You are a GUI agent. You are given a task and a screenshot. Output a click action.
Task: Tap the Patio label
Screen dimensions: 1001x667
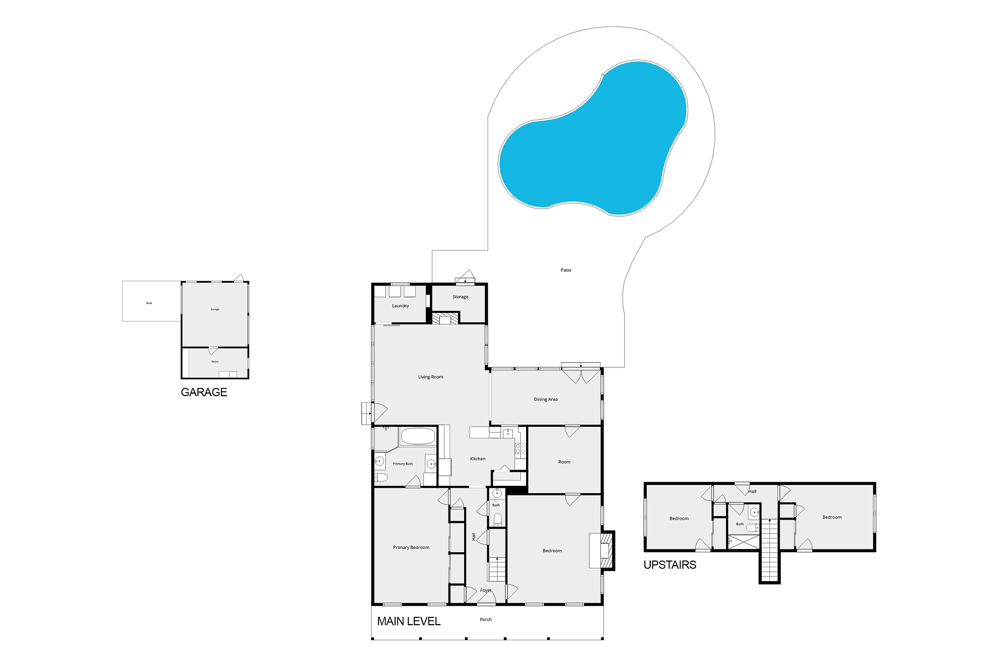[x=566, y=270]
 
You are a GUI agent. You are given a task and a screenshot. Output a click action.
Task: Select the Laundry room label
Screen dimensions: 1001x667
[x=401, y=306]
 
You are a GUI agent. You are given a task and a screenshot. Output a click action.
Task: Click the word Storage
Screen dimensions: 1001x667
[x=460, y=297]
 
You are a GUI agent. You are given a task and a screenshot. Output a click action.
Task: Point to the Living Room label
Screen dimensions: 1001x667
[x=431, y=377]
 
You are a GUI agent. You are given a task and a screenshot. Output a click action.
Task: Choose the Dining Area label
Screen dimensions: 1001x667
[x=546, y=400]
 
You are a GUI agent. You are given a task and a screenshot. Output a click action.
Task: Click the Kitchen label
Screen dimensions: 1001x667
[x=477, y=459]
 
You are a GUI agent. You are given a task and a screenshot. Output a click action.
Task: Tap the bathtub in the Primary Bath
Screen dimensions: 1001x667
[x=418, y=436]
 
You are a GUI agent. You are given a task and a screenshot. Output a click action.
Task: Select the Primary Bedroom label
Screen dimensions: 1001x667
[x=411, y=547]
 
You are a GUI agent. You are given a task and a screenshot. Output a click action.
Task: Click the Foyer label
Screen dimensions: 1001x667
[x=486, y=590]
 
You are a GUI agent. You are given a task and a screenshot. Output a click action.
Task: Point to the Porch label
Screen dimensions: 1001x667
[x=486, y=620]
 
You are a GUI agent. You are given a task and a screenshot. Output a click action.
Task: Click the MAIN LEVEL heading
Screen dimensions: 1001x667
[x=408, y=622]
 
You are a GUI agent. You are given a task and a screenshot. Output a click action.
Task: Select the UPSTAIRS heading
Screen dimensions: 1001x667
[x=670, y=565]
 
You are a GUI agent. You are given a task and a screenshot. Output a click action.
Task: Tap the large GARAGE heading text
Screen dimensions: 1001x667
[x=204, y=392]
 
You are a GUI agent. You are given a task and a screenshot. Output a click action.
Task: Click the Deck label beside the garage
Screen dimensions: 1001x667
[x=149, y=303]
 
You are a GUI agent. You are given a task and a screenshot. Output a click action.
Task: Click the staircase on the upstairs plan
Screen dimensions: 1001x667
[x=769, y=551]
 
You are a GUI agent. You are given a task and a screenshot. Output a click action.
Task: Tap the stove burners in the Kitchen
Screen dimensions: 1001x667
[x=520, y=448]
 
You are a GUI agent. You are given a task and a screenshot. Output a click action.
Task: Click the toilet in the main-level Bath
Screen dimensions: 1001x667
[x=498, y=519]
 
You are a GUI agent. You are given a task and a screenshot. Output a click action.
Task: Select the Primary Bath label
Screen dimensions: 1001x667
[x=403, y=464]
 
